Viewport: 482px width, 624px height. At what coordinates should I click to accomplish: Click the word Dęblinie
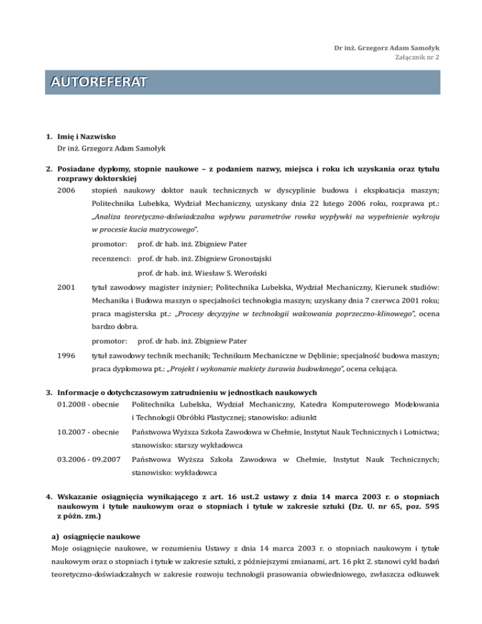[340, 357]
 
